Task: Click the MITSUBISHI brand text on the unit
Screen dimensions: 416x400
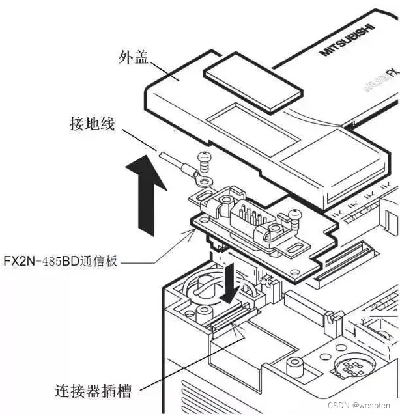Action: pos(348,42)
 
